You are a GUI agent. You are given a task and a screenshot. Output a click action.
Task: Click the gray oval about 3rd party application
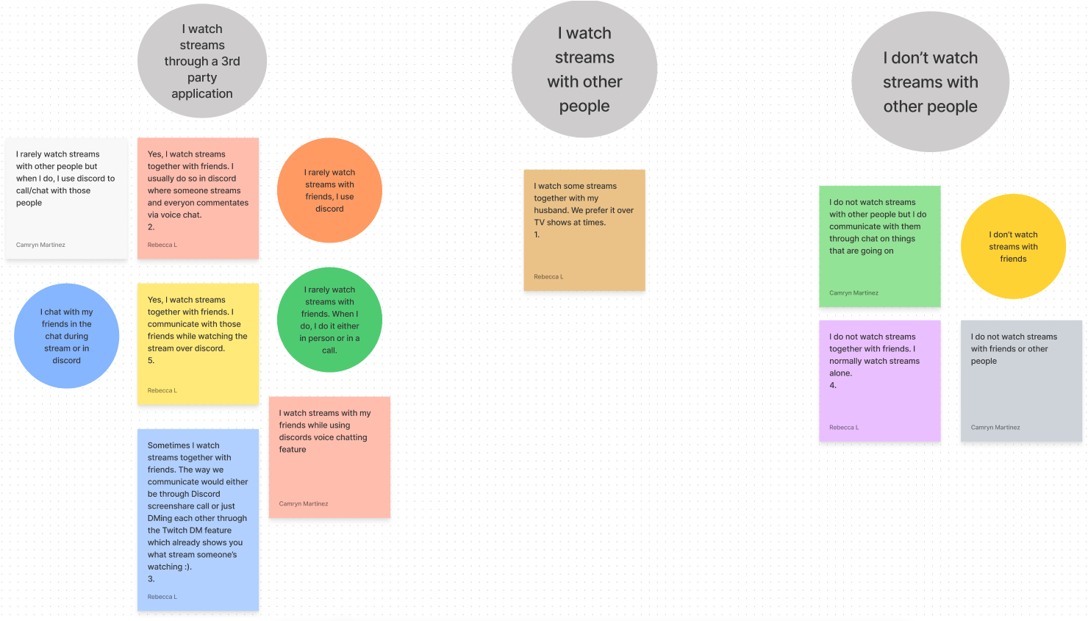click(x=202, y=61)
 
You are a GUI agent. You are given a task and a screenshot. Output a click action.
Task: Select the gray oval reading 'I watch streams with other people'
click(x=584, y=69)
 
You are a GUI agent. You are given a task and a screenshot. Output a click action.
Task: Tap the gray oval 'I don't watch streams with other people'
click(x=930, y=82)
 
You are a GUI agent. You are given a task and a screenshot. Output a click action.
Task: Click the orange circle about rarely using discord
click(x=329, y=190)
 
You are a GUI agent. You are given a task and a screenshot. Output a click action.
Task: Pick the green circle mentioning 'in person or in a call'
click(x=329, y=320)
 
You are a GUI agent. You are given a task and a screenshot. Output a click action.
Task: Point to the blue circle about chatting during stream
click(x=66, y=336)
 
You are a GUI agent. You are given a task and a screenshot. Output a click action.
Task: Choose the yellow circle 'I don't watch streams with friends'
click(x=1013, y=246)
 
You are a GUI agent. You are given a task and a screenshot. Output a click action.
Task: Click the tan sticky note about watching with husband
click(x=584, y=230)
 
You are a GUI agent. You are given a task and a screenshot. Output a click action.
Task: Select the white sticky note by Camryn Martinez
click(x=66, y=198)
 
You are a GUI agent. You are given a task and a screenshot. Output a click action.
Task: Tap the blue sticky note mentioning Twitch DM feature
click(x=198, y=520)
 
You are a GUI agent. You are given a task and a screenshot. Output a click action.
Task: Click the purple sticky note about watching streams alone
click(x=880, y=381)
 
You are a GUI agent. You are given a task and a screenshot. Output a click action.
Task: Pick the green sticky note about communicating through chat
click(x=880, y=246)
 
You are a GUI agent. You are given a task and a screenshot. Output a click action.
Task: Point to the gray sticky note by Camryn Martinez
click(x=1021, y=381)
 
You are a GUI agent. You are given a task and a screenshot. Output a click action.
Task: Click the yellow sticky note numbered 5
click(x=198, y=344)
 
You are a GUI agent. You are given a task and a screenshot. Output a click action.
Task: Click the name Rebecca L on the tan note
click(x=548, y=277)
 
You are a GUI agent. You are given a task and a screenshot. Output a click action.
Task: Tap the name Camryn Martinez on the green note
click(x=853, y=293)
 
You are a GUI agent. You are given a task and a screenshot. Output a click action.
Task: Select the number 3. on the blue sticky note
click(x=151, y=579)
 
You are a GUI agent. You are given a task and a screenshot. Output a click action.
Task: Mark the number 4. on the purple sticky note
click(x=833, y=385)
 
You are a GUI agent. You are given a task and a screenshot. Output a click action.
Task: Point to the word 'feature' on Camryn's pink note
click(x=293, y=450)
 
